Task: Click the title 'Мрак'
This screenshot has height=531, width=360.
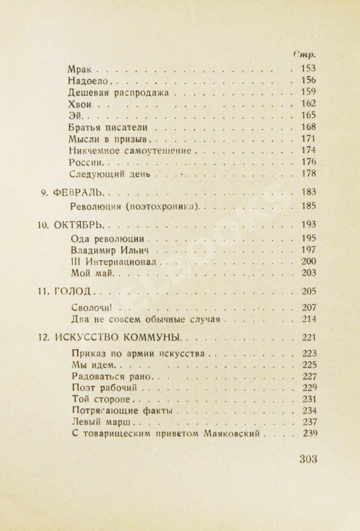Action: click(x=80, y=68)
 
